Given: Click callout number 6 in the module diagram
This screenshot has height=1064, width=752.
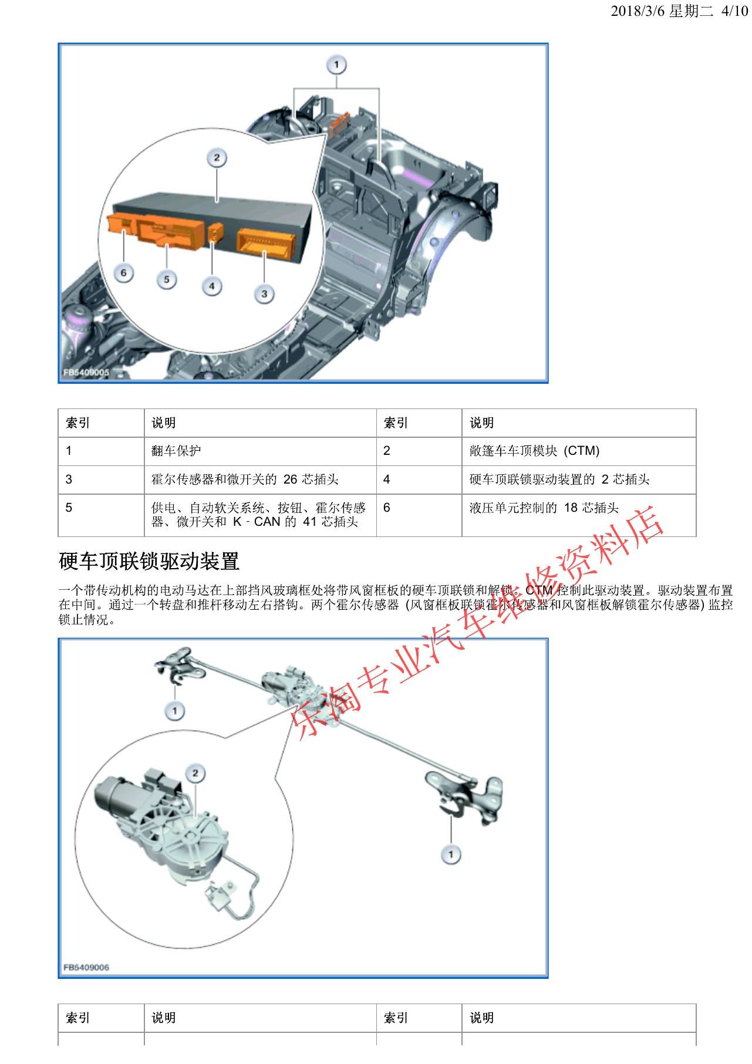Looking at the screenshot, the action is point(123,273).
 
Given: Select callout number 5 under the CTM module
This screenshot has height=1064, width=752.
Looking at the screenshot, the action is point(167,279).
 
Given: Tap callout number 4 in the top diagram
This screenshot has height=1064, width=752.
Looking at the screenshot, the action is point(212,286).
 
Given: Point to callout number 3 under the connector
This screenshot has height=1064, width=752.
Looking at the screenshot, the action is point(265,293).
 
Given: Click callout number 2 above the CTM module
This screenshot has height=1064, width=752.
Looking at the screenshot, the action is point(217,157).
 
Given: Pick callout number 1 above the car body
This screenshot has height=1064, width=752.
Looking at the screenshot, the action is point(337,64).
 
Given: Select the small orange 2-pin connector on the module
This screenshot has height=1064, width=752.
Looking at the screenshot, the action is point(215,232).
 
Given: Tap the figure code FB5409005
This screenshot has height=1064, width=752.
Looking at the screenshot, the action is point(86,372).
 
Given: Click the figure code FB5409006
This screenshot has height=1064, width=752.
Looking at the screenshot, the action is point(86,968).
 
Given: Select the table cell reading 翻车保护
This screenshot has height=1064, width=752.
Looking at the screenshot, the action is point(176,451).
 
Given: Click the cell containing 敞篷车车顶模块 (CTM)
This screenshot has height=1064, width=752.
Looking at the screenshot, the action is point(534,451).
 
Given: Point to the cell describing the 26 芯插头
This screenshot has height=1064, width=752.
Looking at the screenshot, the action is point(245,479).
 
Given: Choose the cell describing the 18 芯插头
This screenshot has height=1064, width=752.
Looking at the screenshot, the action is point(544,508).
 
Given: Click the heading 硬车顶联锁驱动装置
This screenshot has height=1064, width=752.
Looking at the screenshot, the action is point(149,562).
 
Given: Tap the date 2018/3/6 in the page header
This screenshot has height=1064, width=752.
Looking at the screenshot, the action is point(638,11).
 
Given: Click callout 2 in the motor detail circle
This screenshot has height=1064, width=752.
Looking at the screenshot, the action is point(195,773).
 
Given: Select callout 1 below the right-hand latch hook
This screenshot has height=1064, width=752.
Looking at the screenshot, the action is point(451,854).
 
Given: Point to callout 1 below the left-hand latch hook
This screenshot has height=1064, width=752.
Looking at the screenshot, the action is point(174,711).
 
